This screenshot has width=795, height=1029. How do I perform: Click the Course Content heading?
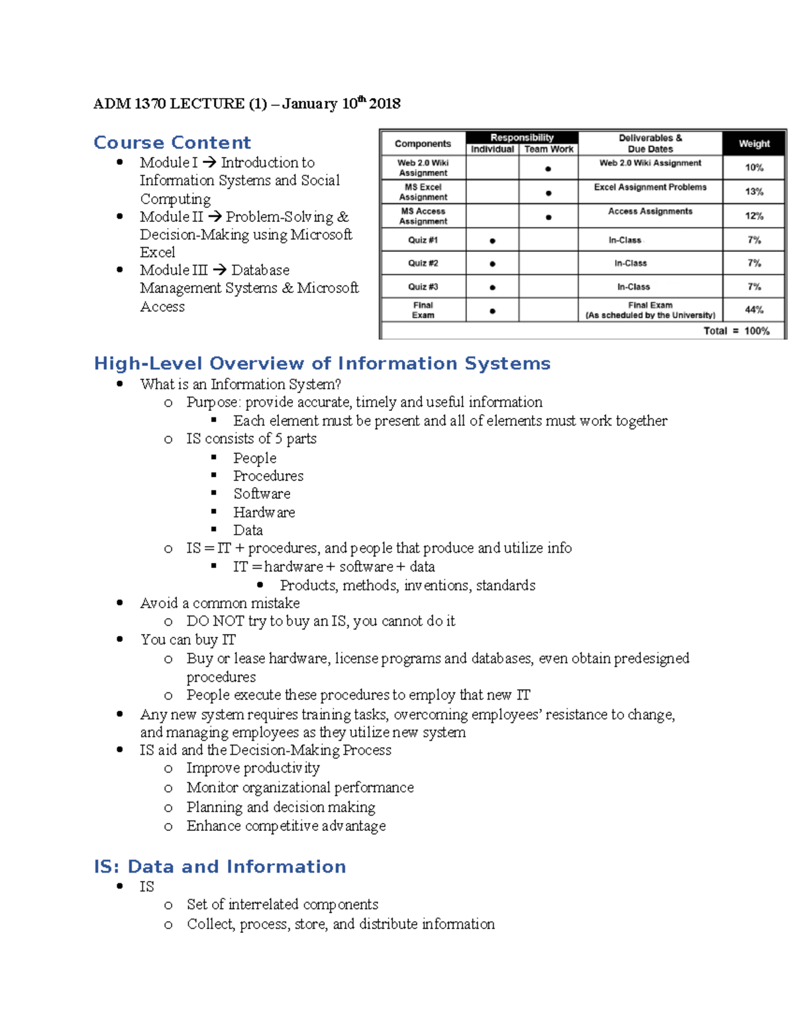pos(172,142)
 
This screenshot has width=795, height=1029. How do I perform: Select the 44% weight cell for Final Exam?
pos(754,309)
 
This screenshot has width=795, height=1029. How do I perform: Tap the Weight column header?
pos(754,143)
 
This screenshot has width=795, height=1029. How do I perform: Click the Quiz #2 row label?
pos(423,263)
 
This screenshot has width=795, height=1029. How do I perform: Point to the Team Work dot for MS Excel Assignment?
pos(549,193)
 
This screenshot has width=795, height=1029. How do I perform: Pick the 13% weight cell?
pos(754,191)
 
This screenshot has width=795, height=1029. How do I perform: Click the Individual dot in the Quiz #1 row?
pos(492,241)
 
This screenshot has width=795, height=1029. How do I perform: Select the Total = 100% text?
pos(736,331)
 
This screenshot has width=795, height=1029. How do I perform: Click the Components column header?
pos(423,143)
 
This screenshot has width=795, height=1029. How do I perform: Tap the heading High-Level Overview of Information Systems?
pos(322,363)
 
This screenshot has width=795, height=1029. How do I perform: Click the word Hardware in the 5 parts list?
pos(264,512)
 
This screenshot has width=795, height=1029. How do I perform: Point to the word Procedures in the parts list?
pos(268,476)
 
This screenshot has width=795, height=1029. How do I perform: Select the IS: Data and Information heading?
pos(220,867)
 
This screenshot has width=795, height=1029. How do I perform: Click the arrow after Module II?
pos(214,217)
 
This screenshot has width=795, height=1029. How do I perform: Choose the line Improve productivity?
pos(253,768)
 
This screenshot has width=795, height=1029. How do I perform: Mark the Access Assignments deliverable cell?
pos(650,211)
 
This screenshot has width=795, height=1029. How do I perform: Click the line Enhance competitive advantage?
pos(286,826)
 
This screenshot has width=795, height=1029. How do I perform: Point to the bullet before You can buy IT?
pos(120,639)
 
